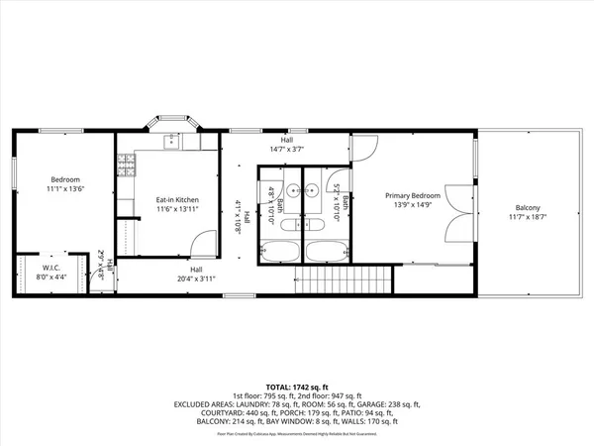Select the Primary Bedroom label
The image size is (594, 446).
(411, 196)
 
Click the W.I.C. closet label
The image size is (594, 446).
(50, 268)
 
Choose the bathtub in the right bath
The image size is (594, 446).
(323, 252)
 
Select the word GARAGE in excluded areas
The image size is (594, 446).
(367, 404)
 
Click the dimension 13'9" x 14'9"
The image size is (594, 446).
(411, 206)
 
